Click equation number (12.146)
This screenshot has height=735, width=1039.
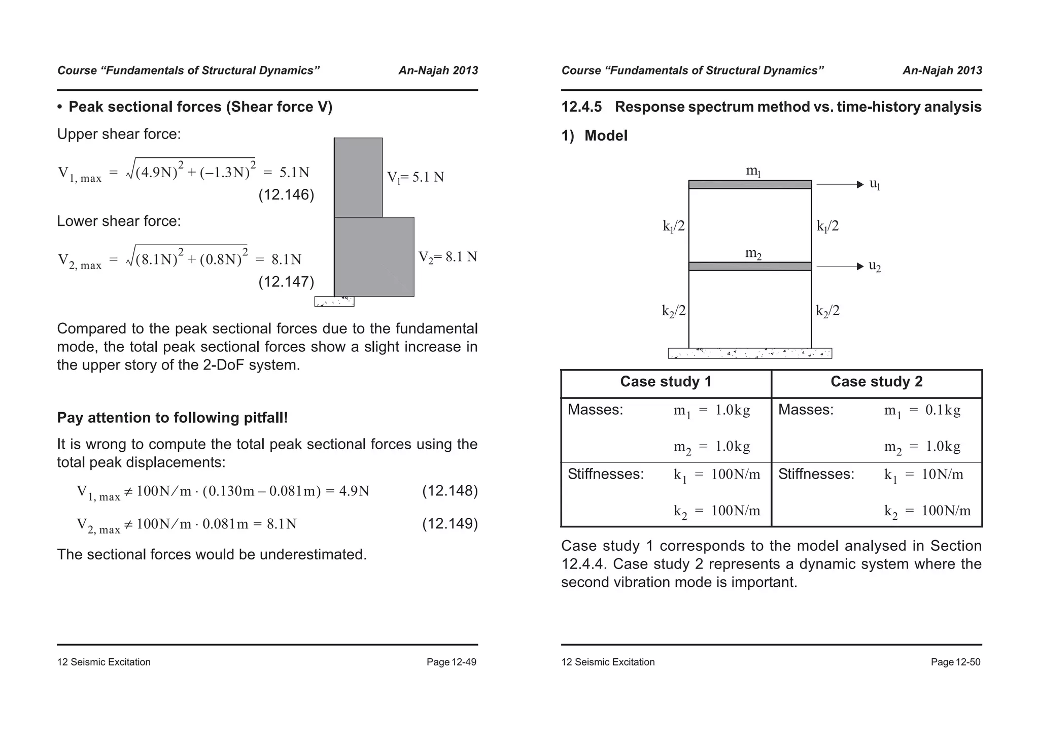pyautogui.click(x=286, y=195)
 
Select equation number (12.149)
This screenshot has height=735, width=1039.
pyautogui.click(x=449, y=523)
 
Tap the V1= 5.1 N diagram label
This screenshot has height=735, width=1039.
pyautogui.click(x=415, y=177)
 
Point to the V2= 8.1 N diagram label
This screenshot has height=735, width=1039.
pyautogui.click(x=447, y=257)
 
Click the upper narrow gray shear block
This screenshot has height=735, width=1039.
pyautogui.click(x=358, y=177)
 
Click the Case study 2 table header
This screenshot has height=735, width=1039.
pyautogui.click(x=876, y=382)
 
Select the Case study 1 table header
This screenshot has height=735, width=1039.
pyautogui.click(x=666, y=382)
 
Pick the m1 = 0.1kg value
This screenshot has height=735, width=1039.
pyautogui.click(x=922, y=410)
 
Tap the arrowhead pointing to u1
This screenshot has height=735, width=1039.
pyautogui.click(x=860, y=184)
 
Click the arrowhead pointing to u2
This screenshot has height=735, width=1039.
pyautogui.click(x=860, y=266)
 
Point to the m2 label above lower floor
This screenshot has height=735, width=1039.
pyautogui.click(x=753, y=253)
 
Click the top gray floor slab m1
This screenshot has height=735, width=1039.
pyautogui.click(x=749, y=185)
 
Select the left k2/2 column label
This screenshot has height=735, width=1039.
pyautogui.click(x=673, y=311)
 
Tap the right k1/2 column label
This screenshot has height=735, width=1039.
pyautogui.click(x=827, y=226)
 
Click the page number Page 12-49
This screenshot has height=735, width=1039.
pyautogui.click(x=451, y=662)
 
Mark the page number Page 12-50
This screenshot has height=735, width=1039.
pyautogui.click(x=955, y=662)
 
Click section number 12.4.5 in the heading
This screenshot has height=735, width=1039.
pyautogui.click(x=581, y=107)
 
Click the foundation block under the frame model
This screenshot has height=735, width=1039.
pyautogui.click(x=749, y=353)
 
